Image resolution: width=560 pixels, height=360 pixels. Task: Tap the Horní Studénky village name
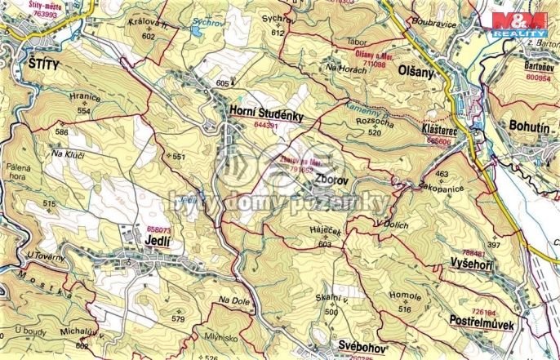point(266,116)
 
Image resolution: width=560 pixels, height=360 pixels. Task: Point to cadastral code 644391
point(267,127)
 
